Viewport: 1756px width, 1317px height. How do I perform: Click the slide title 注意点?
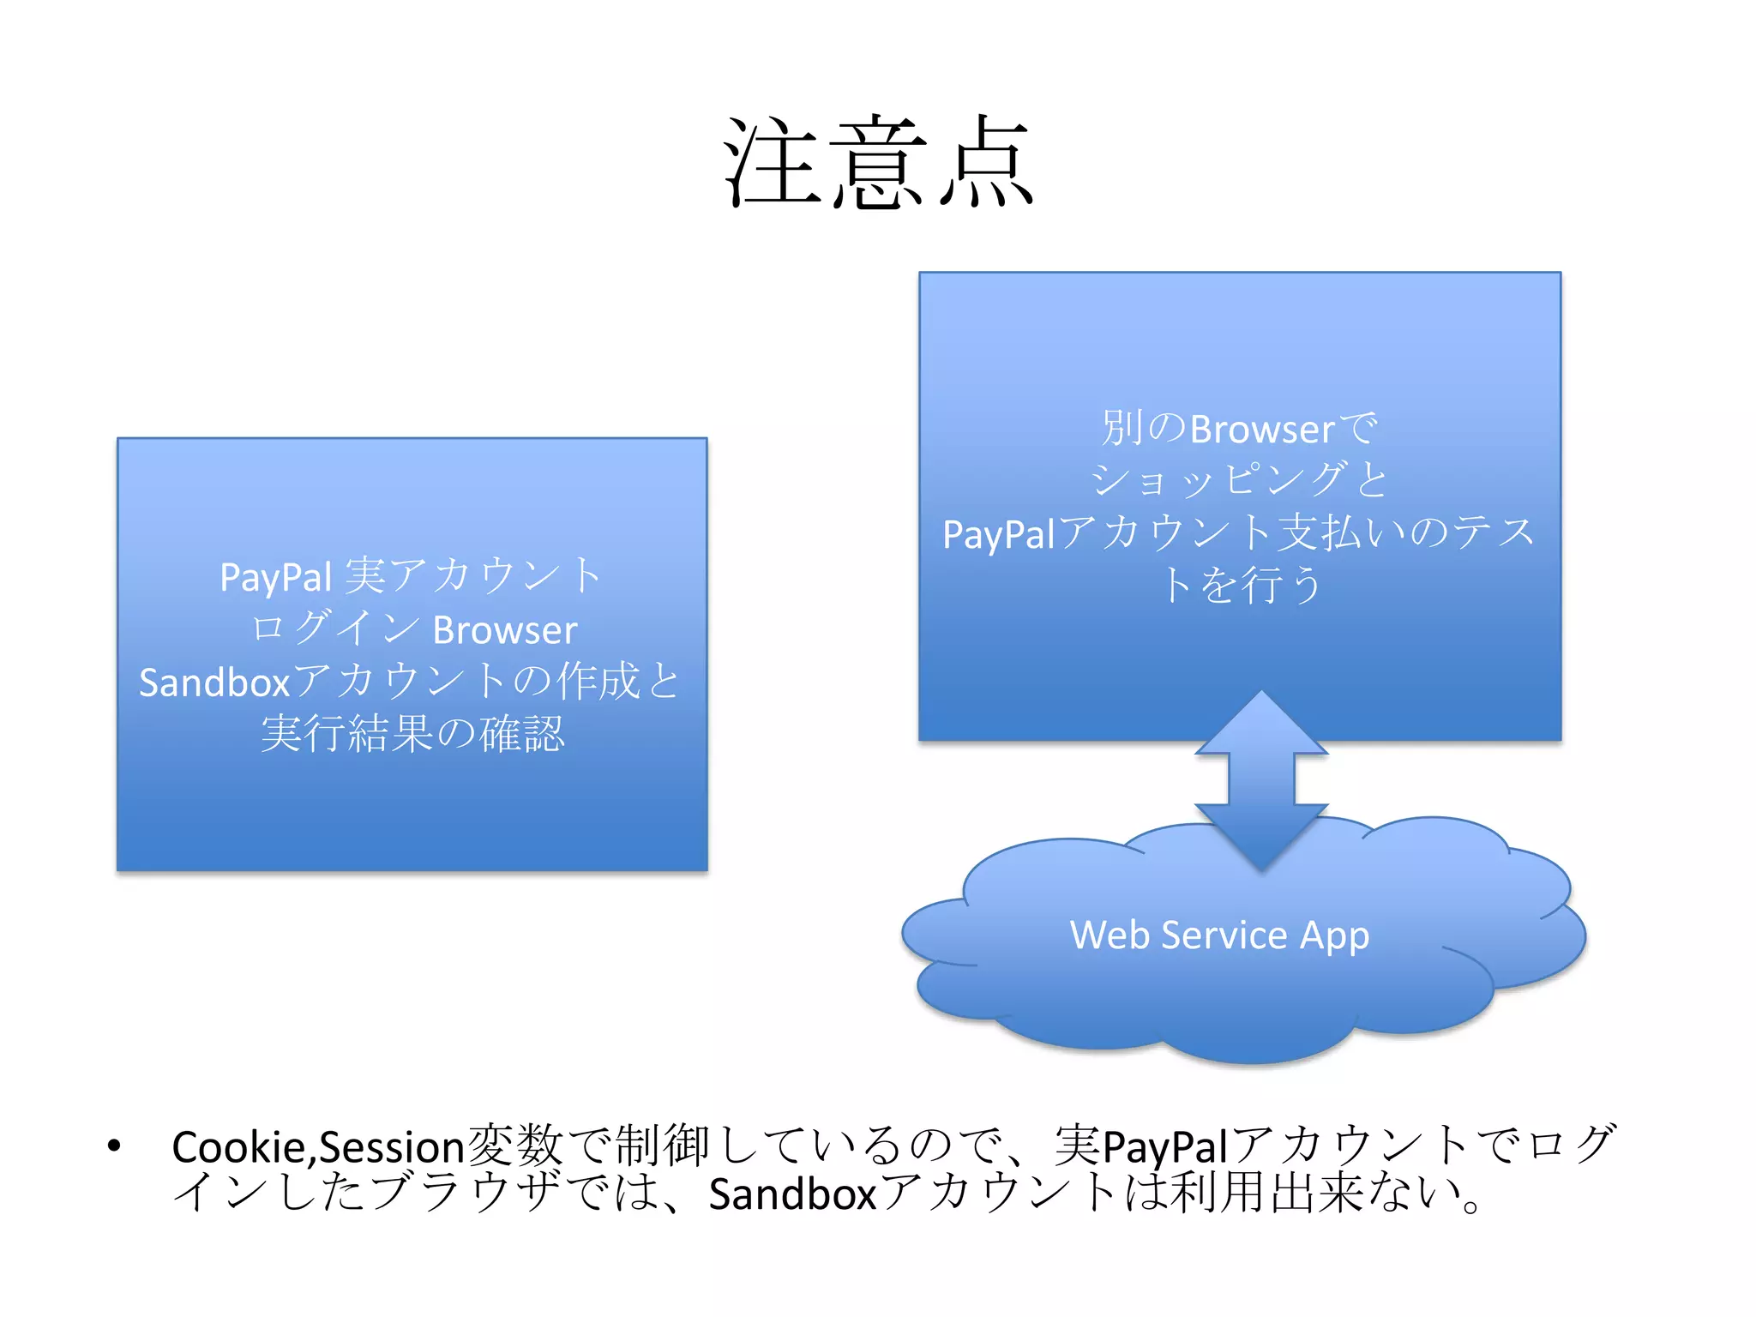click(878, 163)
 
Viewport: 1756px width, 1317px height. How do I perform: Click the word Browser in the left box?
click(504, 630)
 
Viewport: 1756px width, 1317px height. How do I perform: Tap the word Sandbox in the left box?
click(214, 683)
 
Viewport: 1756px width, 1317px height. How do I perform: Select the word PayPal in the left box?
click(275, 577)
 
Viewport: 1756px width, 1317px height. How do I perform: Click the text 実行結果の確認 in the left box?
click(412, 734)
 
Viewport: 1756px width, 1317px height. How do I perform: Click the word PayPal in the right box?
click(998, 534)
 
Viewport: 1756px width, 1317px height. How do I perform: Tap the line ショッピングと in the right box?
click(1238, 480)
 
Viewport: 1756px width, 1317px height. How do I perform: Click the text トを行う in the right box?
click(1240, 586)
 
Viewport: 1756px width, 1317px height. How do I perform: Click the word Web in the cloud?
click(1110, 935)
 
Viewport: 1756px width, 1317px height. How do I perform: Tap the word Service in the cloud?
click(1224, 935)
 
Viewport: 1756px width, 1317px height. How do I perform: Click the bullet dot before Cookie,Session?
click(114, 1146)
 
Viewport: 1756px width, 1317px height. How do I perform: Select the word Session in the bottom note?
click(392, 1147)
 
